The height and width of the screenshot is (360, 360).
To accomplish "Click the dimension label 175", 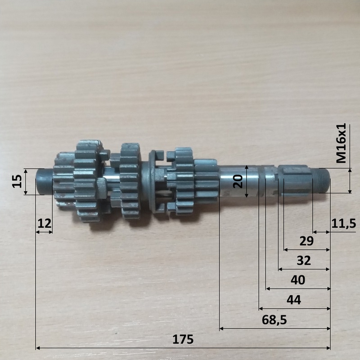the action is tap(183, 340).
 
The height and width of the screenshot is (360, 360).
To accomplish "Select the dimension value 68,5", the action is tap(274, 320).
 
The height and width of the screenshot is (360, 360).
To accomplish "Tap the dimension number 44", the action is tap(294, 300).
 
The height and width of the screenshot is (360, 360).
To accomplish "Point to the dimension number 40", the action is tap(298, 280).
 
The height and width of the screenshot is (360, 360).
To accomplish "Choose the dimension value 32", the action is tap(304, 261).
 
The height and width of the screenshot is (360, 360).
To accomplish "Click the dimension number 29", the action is tap(306, 241).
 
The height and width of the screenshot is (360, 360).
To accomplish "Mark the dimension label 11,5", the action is tap(343, 223).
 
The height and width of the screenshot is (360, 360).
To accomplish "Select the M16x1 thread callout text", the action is tap(341, 143).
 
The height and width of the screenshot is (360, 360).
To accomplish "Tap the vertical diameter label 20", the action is tap(238, 181).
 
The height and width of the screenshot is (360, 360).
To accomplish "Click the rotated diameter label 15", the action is tap(17, 181).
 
